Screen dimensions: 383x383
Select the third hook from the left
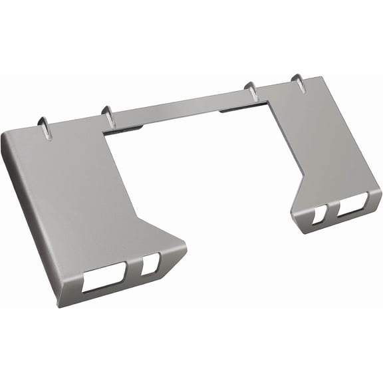[x=251, y=90]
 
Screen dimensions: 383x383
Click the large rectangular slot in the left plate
[x=104, y=277]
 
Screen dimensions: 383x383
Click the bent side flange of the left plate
[x=30, y=219]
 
